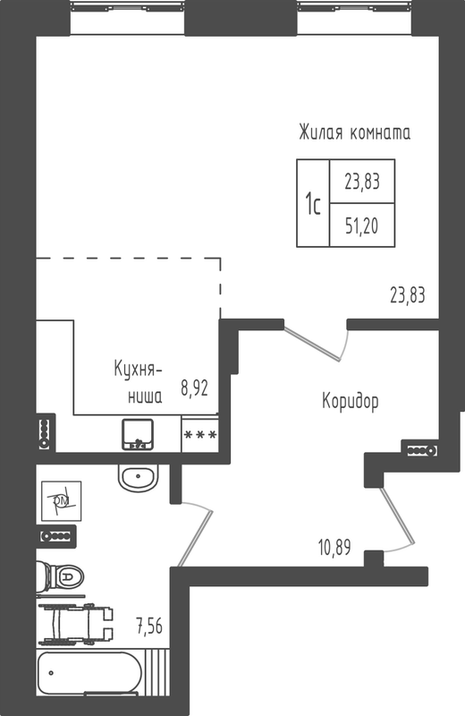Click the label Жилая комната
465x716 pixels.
point(355,132)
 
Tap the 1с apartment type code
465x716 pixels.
point(313,204)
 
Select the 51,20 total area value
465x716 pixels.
point(362,226)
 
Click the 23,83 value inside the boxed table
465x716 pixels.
point(362,182)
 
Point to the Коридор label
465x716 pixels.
point(351,401)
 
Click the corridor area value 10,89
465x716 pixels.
point(334,547)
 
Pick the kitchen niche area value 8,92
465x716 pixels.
point(194,388)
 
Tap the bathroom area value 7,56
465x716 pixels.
point(149,625)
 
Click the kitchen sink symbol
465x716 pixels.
point(138,434)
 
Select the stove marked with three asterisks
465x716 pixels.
point(200,434)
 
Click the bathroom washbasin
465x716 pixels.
point(138,477)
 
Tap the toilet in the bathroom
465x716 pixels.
point(60,577)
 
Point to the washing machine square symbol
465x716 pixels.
point(62,501)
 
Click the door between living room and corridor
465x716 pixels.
point(317,341)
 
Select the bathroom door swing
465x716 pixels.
point(195,533)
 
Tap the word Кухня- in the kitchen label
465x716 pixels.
point(138,370)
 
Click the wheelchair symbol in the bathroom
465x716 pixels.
point(76,624)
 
